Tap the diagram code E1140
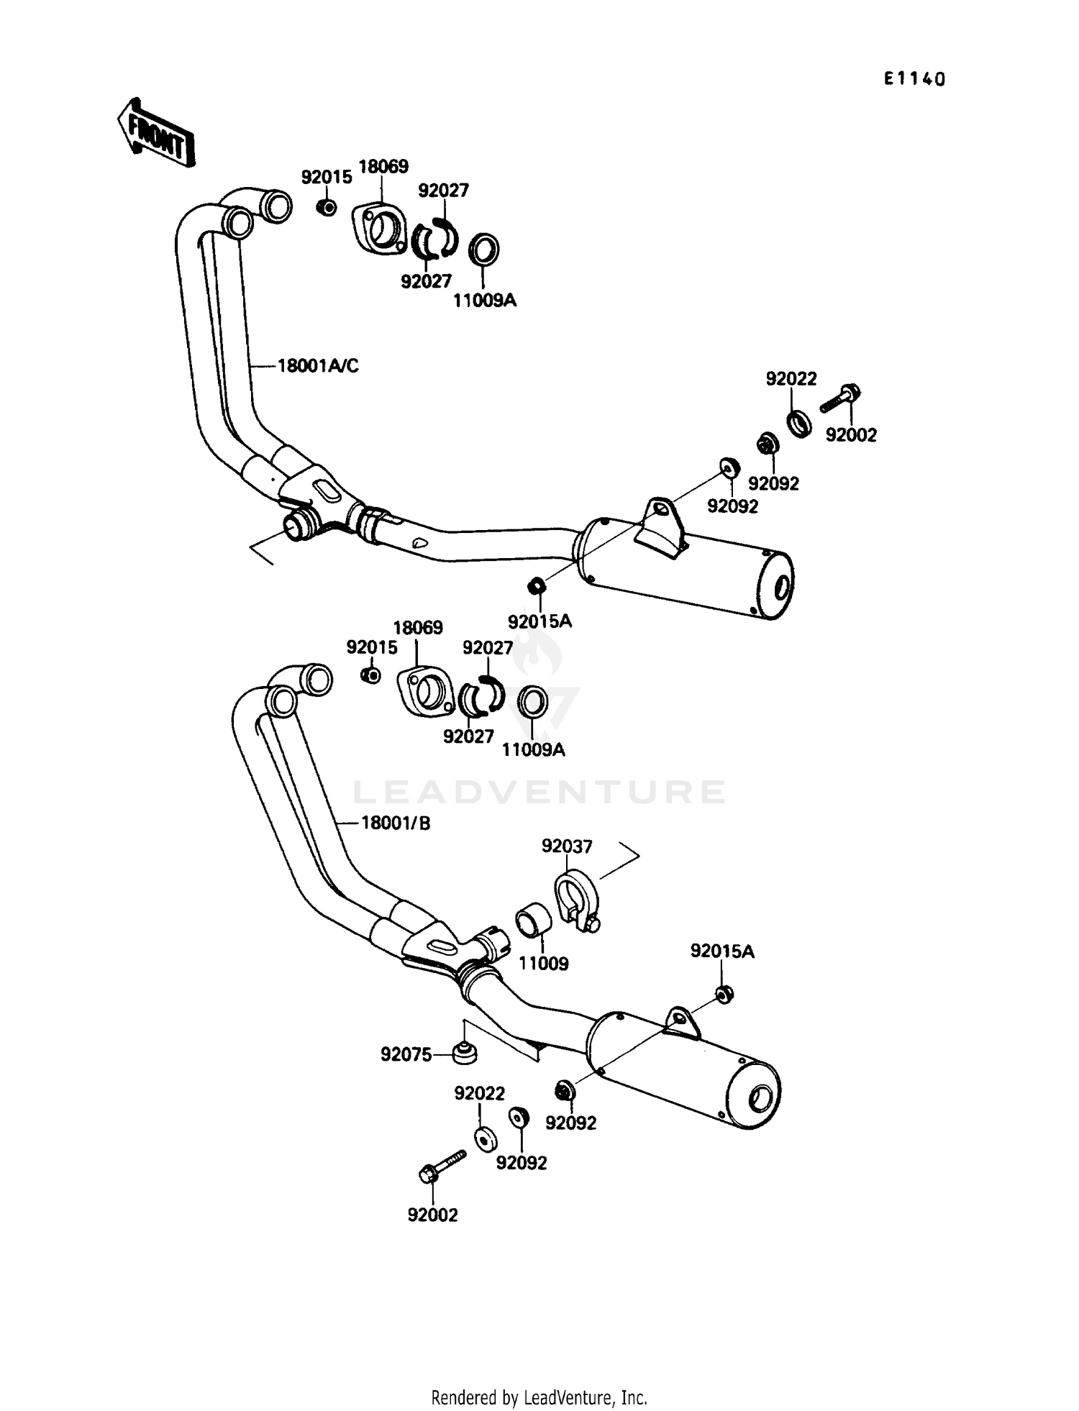tap(914, 79)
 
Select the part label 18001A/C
tap(318, 366)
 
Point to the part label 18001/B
tap(395, 823)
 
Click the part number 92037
tap(567, 846)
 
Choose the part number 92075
tap(406, 1054)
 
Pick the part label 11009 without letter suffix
tap(544, 964)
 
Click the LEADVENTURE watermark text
tap(539, 792)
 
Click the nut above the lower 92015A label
tap(724, 995)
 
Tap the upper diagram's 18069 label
tap(383, 166)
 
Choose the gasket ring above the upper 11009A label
tap(484, 249)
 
